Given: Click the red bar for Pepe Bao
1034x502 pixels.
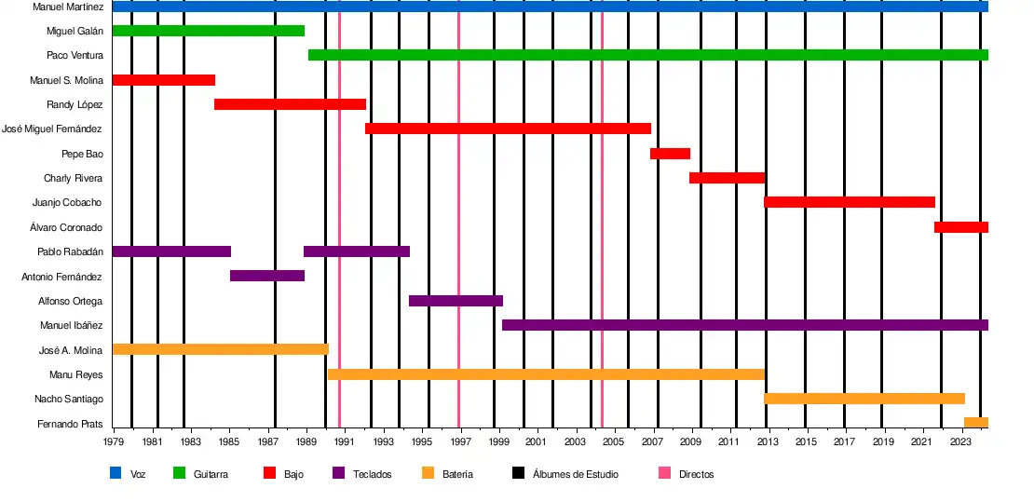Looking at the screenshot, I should (670, 154).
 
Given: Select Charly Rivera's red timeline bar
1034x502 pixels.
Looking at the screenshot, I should (727, 178).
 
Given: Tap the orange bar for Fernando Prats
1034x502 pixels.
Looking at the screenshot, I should (975, 423).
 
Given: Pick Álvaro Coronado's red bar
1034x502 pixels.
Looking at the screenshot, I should (960, 227).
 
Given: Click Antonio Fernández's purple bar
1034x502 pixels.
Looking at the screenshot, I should (266, 276).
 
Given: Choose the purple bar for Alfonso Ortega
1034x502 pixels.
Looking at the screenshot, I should (456, 301).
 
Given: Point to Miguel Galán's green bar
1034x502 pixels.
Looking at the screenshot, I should (208, 31).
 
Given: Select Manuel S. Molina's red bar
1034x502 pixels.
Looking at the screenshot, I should (163, 80).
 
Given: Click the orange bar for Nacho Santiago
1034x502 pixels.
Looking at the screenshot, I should (864, 399).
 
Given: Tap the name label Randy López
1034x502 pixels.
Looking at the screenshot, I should (75, 104).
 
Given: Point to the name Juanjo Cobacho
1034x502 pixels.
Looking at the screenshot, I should (67, 203).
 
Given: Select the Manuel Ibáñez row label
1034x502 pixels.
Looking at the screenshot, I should (71, 326).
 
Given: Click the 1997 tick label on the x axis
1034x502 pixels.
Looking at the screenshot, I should (460, 441).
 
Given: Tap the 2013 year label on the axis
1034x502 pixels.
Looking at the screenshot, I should (768, 441).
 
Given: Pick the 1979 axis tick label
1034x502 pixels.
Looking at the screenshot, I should (114, 441).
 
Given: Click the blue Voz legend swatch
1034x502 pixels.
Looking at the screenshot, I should (116, 474).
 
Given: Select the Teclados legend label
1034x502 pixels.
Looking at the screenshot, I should (372, 474).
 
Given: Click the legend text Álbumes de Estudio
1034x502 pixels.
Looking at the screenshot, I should (575, 474).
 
